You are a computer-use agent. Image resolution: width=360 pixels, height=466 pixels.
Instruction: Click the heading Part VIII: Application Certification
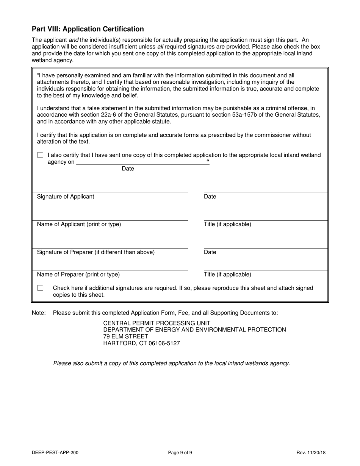(88, 29)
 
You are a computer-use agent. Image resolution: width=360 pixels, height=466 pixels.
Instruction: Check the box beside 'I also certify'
(41, 155)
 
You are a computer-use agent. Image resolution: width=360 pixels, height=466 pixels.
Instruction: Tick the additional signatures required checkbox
(41, 288)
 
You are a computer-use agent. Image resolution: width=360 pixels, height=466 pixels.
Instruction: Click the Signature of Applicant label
(66, 197)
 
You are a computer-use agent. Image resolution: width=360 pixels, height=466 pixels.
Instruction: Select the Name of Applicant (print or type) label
(79, 224)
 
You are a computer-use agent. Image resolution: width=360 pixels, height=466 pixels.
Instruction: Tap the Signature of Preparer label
(95, 252)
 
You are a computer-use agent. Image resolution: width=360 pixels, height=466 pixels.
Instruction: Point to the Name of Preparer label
(78, 275)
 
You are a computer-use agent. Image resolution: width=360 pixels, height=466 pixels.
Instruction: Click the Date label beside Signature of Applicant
(210, 197)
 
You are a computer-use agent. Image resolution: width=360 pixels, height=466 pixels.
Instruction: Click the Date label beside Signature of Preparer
(210, 252)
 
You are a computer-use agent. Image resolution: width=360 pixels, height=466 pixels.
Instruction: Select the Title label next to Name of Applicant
(227, 224)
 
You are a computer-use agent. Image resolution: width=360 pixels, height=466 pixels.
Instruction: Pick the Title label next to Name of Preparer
(227, 275)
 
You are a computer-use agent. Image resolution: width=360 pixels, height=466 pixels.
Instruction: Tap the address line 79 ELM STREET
(126, 336)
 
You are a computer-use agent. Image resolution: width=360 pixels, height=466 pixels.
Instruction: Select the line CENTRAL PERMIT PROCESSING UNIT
(157, 323)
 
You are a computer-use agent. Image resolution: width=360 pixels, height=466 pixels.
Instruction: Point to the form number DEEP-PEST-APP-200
(55, 452)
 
